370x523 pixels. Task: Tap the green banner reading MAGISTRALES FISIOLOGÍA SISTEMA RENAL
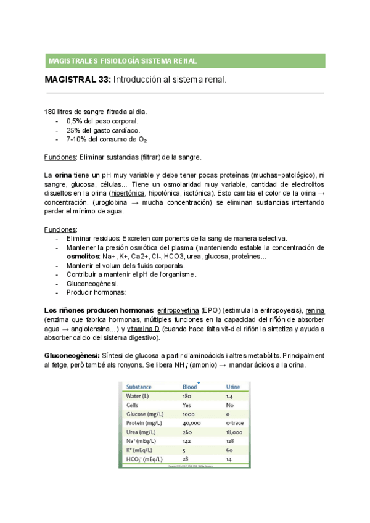pos(185,61)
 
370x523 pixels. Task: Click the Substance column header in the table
pos(143,387)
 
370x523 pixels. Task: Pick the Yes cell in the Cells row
pos(187,405)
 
